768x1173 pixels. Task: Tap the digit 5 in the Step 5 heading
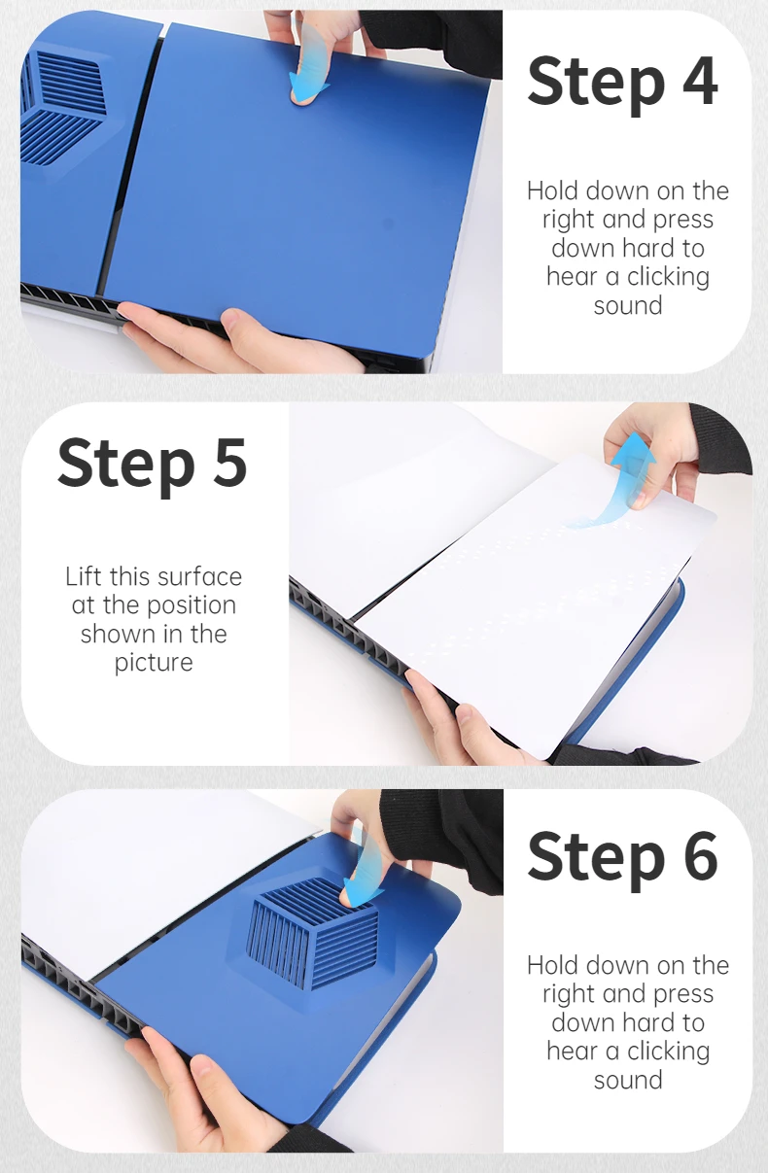tap(227, 463)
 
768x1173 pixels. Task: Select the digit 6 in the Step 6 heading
tap(698, 854)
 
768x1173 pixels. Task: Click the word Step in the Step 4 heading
tap(596, 85)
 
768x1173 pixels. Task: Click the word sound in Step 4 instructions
tap(628, 305)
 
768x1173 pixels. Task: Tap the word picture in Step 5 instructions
tap(154, 663)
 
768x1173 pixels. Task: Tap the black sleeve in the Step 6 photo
tap(445, 838)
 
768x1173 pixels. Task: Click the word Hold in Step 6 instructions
tap(553, 965)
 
